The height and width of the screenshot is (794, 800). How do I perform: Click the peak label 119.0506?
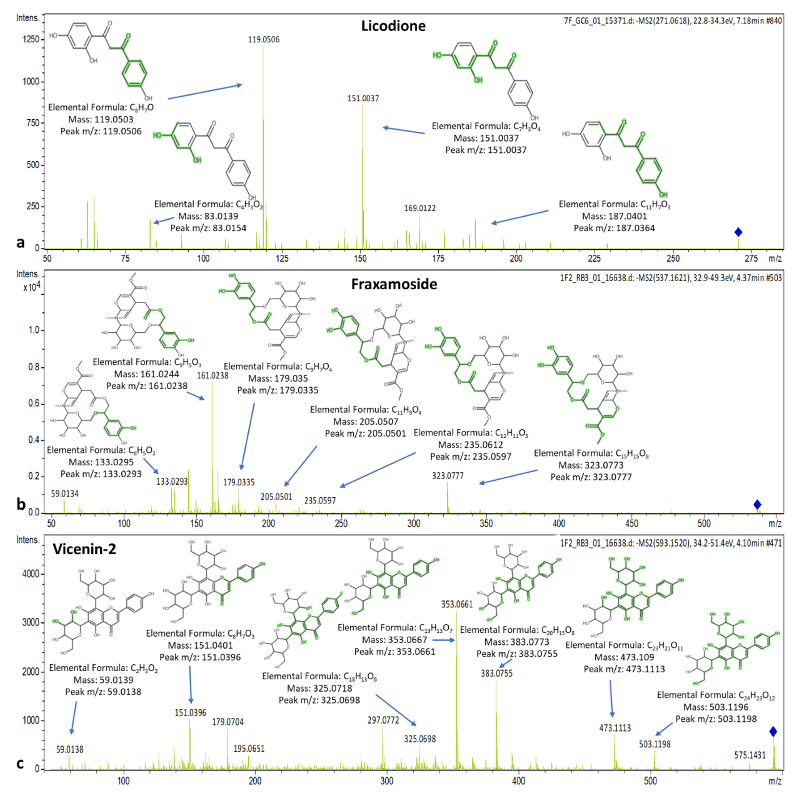coord(264,40)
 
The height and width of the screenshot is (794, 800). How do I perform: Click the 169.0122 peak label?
coord(420,208)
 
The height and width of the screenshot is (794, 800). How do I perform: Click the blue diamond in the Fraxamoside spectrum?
coord(757,505)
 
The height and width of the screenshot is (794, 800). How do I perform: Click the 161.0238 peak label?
coord(212,376)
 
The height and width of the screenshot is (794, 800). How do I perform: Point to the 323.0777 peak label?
coord(448,476)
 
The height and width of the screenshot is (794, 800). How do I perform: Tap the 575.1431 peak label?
coord(750,755)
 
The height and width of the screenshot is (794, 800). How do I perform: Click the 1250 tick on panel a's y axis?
coord(31,39)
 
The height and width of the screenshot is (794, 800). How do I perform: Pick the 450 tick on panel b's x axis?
coord(631,524)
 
